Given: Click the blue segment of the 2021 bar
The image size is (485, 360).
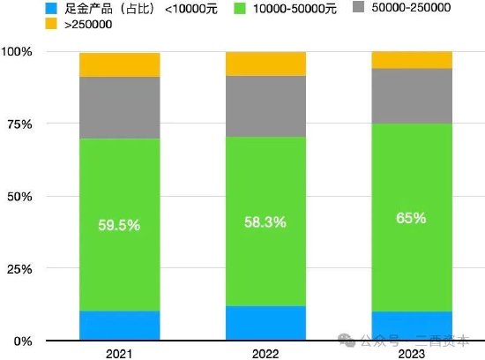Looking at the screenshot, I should (120, 325).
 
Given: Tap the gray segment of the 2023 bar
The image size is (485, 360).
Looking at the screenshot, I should (412, 95).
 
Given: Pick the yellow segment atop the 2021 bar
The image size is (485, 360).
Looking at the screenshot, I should (120, 64).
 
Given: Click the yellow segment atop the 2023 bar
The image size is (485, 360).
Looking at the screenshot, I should (412, 59).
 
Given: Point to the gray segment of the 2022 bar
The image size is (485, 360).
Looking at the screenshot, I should (265, 106).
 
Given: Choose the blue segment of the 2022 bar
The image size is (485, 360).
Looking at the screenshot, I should (265, 323).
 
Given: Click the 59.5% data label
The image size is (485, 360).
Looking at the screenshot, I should (120, 225).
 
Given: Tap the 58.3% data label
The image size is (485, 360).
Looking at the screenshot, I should (265, 222).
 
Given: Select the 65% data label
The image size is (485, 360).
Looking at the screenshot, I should (412, 217).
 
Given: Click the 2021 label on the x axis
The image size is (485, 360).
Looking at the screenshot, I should (120, 352).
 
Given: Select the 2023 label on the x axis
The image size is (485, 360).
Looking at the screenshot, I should (412, 352).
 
